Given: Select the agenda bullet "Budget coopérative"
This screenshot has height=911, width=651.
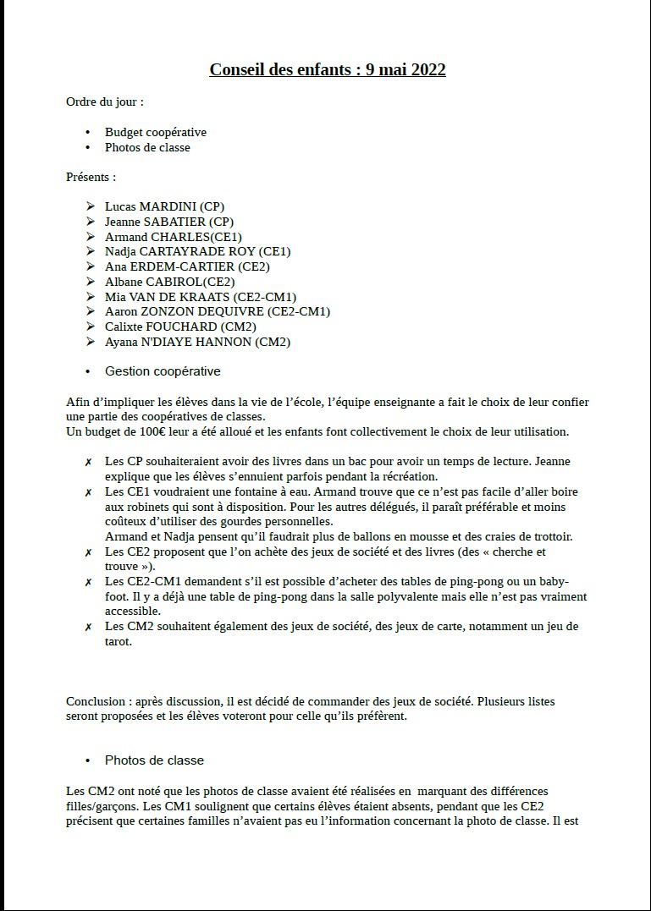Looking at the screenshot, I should click(x=156, y=132).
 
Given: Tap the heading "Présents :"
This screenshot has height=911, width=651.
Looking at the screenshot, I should click(x=91, y=177).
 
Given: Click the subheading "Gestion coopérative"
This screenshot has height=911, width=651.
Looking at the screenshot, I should click(x=163, y=371).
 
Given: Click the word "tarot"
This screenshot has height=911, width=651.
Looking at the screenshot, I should click(x=119, y=641).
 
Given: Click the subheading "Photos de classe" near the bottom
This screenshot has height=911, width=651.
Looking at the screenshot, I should click(x=154, y=760).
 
